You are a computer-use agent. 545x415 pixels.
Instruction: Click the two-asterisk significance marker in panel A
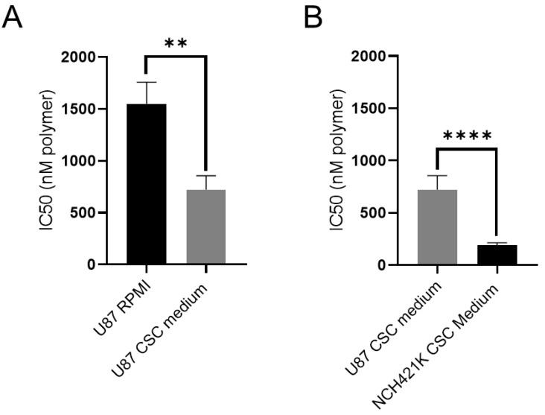click(x=175, y=43)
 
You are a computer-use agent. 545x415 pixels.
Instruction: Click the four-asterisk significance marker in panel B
click(x=467, y=136)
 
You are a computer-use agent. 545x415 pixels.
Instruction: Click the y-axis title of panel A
click(x=48, y=160)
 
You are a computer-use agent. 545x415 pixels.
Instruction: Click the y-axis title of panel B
click(x=339, y=160)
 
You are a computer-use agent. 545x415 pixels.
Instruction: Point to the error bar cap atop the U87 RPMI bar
click(x=146, y=82)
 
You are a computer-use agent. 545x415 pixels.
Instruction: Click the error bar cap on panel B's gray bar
click(x=437, y=175)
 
